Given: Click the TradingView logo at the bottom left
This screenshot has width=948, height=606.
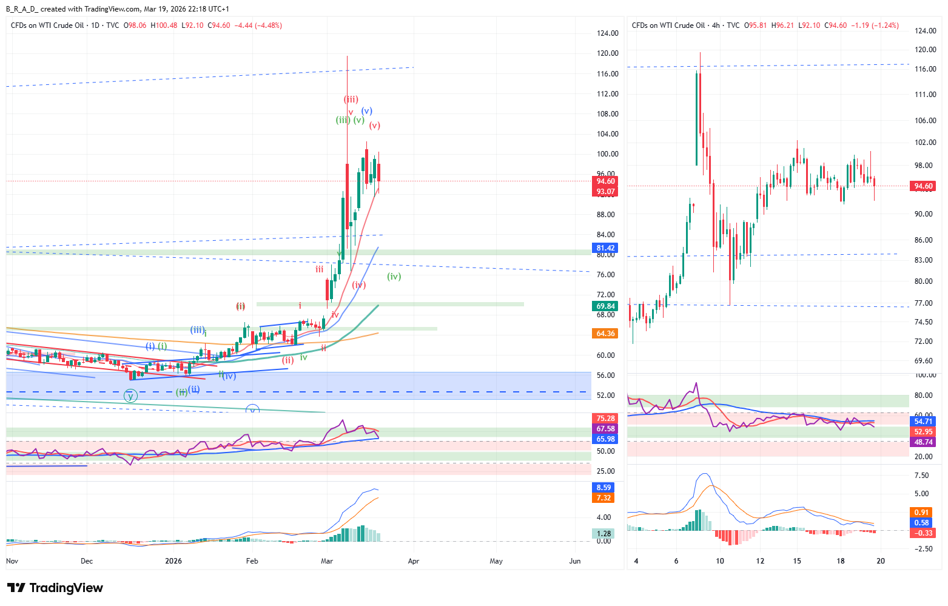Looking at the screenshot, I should click(55, 588).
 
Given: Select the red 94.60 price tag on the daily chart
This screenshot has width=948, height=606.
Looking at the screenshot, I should click(605, 181).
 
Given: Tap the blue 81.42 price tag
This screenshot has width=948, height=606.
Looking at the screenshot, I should click(605, 248).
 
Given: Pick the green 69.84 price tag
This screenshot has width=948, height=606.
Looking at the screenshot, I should click(605, 306).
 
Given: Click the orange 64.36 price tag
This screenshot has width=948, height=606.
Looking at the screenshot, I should click(605, 334).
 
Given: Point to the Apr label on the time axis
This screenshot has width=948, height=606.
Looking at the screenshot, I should click(414, 561).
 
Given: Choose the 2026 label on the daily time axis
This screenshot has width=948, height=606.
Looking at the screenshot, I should click(173, 561).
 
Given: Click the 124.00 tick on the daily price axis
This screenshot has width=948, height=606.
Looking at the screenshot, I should click(608, 33).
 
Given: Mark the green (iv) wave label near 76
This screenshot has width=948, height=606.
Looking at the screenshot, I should click(394, 277).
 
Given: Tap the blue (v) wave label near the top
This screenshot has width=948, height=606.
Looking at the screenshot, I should click(367, 111).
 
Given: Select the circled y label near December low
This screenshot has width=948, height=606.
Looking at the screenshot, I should click(130, 396).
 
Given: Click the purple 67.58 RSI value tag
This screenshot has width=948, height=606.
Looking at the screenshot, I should click(605, 429).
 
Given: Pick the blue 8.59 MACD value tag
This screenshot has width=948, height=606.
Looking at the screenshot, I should click(604, 488).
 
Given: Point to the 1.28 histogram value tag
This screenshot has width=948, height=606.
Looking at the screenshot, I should click(604, 534).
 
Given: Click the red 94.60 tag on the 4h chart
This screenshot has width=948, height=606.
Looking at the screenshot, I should click(923, 187).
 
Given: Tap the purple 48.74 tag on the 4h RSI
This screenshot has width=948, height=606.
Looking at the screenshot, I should click(923, 442).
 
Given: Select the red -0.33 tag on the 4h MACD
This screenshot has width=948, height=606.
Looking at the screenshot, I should click(923, 533).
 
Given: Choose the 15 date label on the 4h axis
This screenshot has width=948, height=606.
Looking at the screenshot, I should click(797, 561).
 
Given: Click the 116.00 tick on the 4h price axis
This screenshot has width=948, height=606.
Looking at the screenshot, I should click(925, 69).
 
